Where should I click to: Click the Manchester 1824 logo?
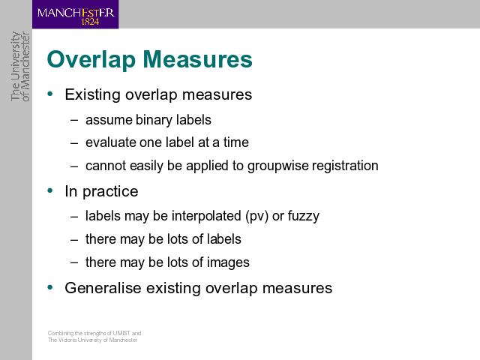(x=75, y=14)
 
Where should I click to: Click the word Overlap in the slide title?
(x=91, y=60)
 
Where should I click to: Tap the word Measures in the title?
(x=198, y=59)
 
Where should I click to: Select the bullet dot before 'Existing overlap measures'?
(x=50, y=94)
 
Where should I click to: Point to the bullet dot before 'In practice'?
(x=50, y=190)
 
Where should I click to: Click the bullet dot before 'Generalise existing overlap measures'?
(x=50, y=287)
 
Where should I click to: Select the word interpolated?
(x=206, y=216)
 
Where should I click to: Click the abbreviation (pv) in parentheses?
(x=256, y=217)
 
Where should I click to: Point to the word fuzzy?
(x=303, y=217)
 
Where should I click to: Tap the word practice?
(x=110, y=192)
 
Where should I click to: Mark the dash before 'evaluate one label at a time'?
(x=74, y=143)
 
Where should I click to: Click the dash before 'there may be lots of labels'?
(x=74, y=240)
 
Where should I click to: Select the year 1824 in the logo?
(x=90, y=22)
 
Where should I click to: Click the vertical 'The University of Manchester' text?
(x=20, y=67)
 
